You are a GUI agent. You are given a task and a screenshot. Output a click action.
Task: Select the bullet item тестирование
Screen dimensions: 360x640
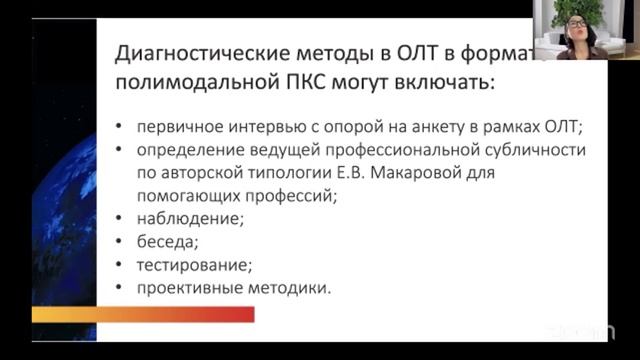pyautogui.click(x=182, y=265)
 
